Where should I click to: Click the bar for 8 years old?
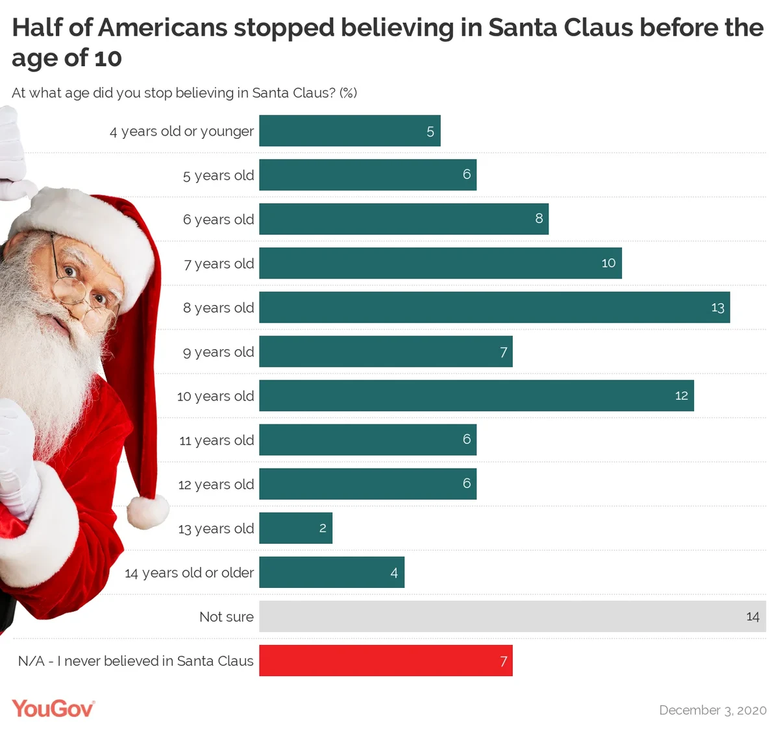tap(494, 308)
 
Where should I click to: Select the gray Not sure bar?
tap(512, 616)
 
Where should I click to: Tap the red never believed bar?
tap(386, 661)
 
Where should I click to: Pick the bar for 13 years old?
tap(295, 528)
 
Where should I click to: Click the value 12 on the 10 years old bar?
tap(681, 396)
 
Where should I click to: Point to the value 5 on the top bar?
tap(430, 132)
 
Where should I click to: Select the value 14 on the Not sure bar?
tap(752, 616)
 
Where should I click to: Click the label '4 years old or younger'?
tap(181, 132)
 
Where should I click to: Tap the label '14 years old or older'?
tap(189, 573)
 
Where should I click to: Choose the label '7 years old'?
tap(219, 264)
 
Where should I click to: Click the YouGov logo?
tap(53, 708)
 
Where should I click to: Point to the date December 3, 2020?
tap(712, 710)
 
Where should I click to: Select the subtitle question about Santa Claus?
tap(184, 93)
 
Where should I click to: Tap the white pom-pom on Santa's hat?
tap(147, 511)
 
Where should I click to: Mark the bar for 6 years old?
tap(403, 219)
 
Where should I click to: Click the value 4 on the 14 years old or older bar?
tap(394, 573)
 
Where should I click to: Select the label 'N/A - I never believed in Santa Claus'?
tap(136, 661)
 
